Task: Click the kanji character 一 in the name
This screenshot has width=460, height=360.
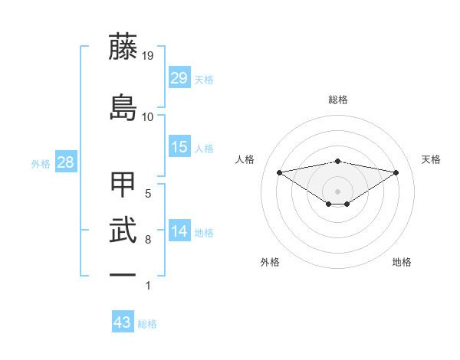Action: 123,274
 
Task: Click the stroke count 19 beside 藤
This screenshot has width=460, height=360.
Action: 148,56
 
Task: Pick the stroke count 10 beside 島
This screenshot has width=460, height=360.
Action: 148,116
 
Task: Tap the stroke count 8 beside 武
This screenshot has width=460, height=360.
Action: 148,240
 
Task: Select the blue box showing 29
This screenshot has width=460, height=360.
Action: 179,78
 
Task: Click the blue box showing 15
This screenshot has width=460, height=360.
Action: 179,147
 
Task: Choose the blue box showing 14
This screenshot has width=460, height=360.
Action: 179,231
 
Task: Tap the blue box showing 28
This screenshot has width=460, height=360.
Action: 65,162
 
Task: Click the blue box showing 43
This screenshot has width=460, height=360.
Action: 123,322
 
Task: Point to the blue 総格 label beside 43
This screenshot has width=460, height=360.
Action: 148,324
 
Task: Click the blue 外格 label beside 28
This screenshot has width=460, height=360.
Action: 41,164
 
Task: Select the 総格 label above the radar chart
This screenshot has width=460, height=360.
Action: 338,100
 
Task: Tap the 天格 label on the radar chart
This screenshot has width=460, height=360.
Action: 432,159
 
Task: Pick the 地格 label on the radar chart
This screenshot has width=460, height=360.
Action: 402,262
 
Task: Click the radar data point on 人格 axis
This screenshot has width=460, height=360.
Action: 279,172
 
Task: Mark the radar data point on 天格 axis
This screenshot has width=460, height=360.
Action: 396,172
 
